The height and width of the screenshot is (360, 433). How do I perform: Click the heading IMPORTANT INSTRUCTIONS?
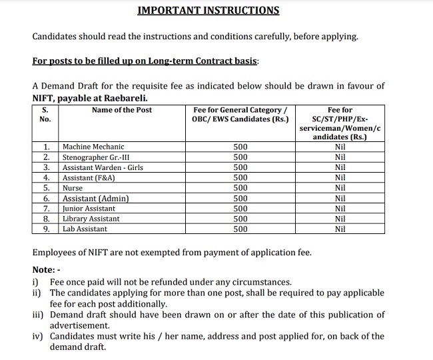tap(208, 11)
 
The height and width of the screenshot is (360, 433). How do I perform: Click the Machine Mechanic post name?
tap(93, 147)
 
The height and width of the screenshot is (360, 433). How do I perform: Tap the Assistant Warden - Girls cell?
tap(103, 168)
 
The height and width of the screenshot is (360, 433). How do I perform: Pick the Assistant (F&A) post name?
tap(89, 178)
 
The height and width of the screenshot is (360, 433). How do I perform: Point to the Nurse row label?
tap(73, 189)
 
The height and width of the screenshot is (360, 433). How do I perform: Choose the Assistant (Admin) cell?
tap(95, 199)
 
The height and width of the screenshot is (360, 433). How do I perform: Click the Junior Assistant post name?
tap(89, 209)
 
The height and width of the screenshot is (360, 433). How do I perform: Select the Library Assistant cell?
tap(91, 219)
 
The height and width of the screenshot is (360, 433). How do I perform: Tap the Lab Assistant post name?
tap(85, 229)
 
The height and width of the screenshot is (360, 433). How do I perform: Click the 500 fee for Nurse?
tap(240, 189)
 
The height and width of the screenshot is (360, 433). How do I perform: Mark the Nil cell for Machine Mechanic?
tap(340, 147)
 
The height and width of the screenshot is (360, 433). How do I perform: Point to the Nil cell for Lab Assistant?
tap(340, 229)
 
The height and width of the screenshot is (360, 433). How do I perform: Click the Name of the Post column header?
tap(122, 110)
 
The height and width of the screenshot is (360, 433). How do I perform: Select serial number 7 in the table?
tap(47, 209)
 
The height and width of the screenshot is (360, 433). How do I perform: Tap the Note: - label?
tap(47, 269)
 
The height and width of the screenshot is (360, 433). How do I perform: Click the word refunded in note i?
tap(175, 283)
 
